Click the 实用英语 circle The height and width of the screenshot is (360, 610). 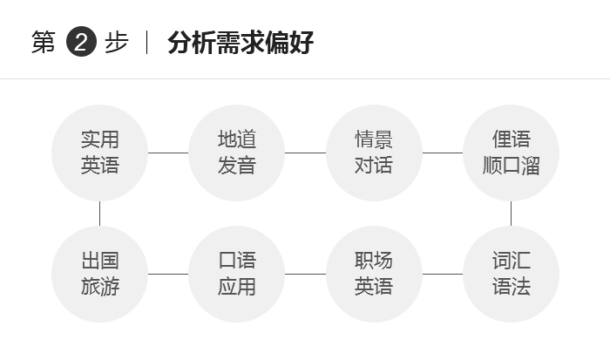pyautogui.click(x=99, y=153)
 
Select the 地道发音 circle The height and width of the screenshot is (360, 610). pyautogui.click(x=236, y=153)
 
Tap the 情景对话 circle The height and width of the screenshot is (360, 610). pyautogui.click(x=374, y=153)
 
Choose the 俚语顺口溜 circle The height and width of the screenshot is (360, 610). pyautogui.click(x=512, y=153)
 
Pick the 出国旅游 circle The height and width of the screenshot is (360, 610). pyautogui.click(x=99, y=274)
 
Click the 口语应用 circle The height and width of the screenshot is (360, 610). pyautogui.click(x=236, y=274)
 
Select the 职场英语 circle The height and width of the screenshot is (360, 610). pyautogui.click(x=374, y=274)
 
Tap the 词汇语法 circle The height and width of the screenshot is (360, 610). pyautogui.click(x=512, y=274)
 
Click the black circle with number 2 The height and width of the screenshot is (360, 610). pyautogui.click(x=81, y=42)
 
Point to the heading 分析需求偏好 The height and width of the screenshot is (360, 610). pyautogui.click(x=241, y=42)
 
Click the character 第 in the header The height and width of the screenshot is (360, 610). pyautogui.click(x=44, y=42)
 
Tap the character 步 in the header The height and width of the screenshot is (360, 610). pyautogui.click(x=116, y=42)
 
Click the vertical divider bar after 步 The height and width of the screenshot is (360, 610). pyautogui.click(x=146, y=42)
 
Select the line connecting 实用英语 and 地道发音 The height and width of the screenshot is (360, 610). pyautogui.click(x=168, y=153)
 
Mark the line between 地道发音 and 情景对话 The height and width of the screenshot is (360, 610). pyautogui.click(x=305, y=153)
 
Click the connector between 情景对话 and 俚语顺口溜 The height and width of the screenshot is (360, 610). pyautogui.click(x=443, y=153)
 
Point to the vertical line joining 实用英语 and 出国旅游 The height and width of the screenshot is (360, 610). pyautogui.click(x=99, y=214)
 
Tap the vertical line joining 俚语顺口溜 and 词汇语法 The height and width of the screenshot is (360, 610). pyautogui.click(x=512, y=214)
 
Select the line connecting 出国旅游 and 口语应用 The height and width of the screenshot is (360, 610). pyautogui.click(x=168, y=274)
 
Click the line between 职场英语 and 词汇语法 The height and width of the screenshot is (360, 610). pyautogui.click(x=443, y=274)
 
